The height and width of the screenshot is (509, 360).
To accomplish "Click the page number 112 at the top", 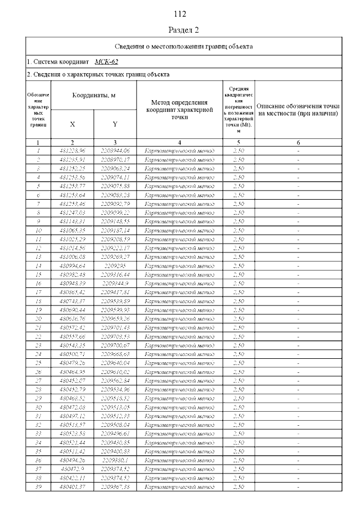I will [180, 14].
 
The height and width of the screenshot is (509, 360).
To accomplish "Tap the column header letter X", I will [72, 124].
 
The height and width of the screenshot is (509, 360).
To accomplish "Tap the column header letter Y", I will [115, 124].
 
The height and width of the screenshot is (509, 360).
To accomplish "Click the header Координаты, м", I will [93, 96].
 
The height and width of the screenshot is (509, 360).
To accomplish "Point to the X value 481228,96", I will [72, 150].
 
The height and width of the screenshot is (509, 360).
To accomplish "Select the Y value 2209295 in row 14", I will [115, 265].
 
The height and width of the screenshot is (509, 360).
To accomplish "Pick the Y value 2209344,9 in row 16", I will [115, 283].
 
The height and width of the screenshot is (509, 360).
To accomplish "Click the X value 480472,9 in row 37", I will [72, 469].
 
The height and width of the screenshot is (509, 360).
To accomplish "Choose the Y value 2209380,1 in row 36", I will [115, 460].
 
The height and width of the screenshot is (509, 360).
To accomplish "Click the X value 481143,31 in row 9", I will [72, 222].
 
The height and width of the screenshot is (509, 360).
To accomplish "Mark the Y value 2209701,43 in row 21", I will [115, 327].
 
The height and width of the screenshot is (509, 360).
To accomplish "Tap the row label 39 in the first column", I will [38, 487].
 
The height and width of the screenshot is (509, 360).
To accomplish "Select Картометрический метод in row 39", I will [179, 487].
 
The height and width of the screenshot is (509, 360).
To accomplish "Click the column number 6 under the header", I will [298, 142].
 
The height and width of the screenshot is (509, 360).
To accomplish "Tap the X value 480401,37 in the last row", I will [72, 487].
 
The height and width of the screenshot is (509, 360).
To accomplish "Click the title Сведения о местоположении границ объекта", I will [183, 46].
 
